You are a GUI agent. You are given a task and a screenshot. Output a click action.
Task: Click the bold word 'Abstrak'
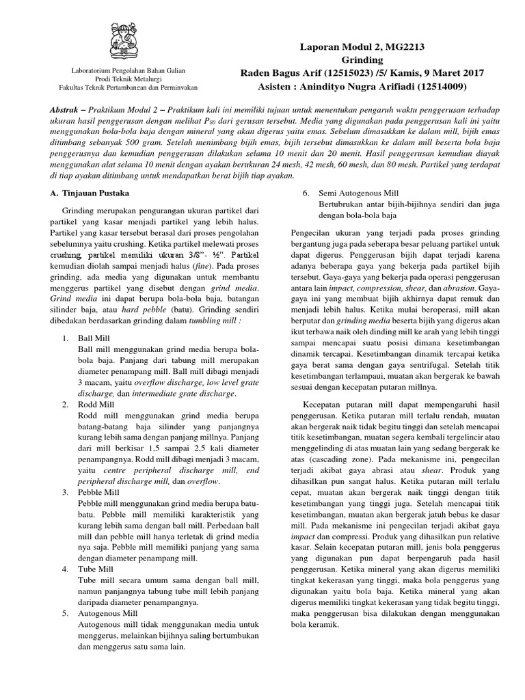point(69,110)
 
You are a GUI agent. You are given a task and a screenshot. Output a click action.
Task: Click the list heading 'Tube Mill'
point(95,569)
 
